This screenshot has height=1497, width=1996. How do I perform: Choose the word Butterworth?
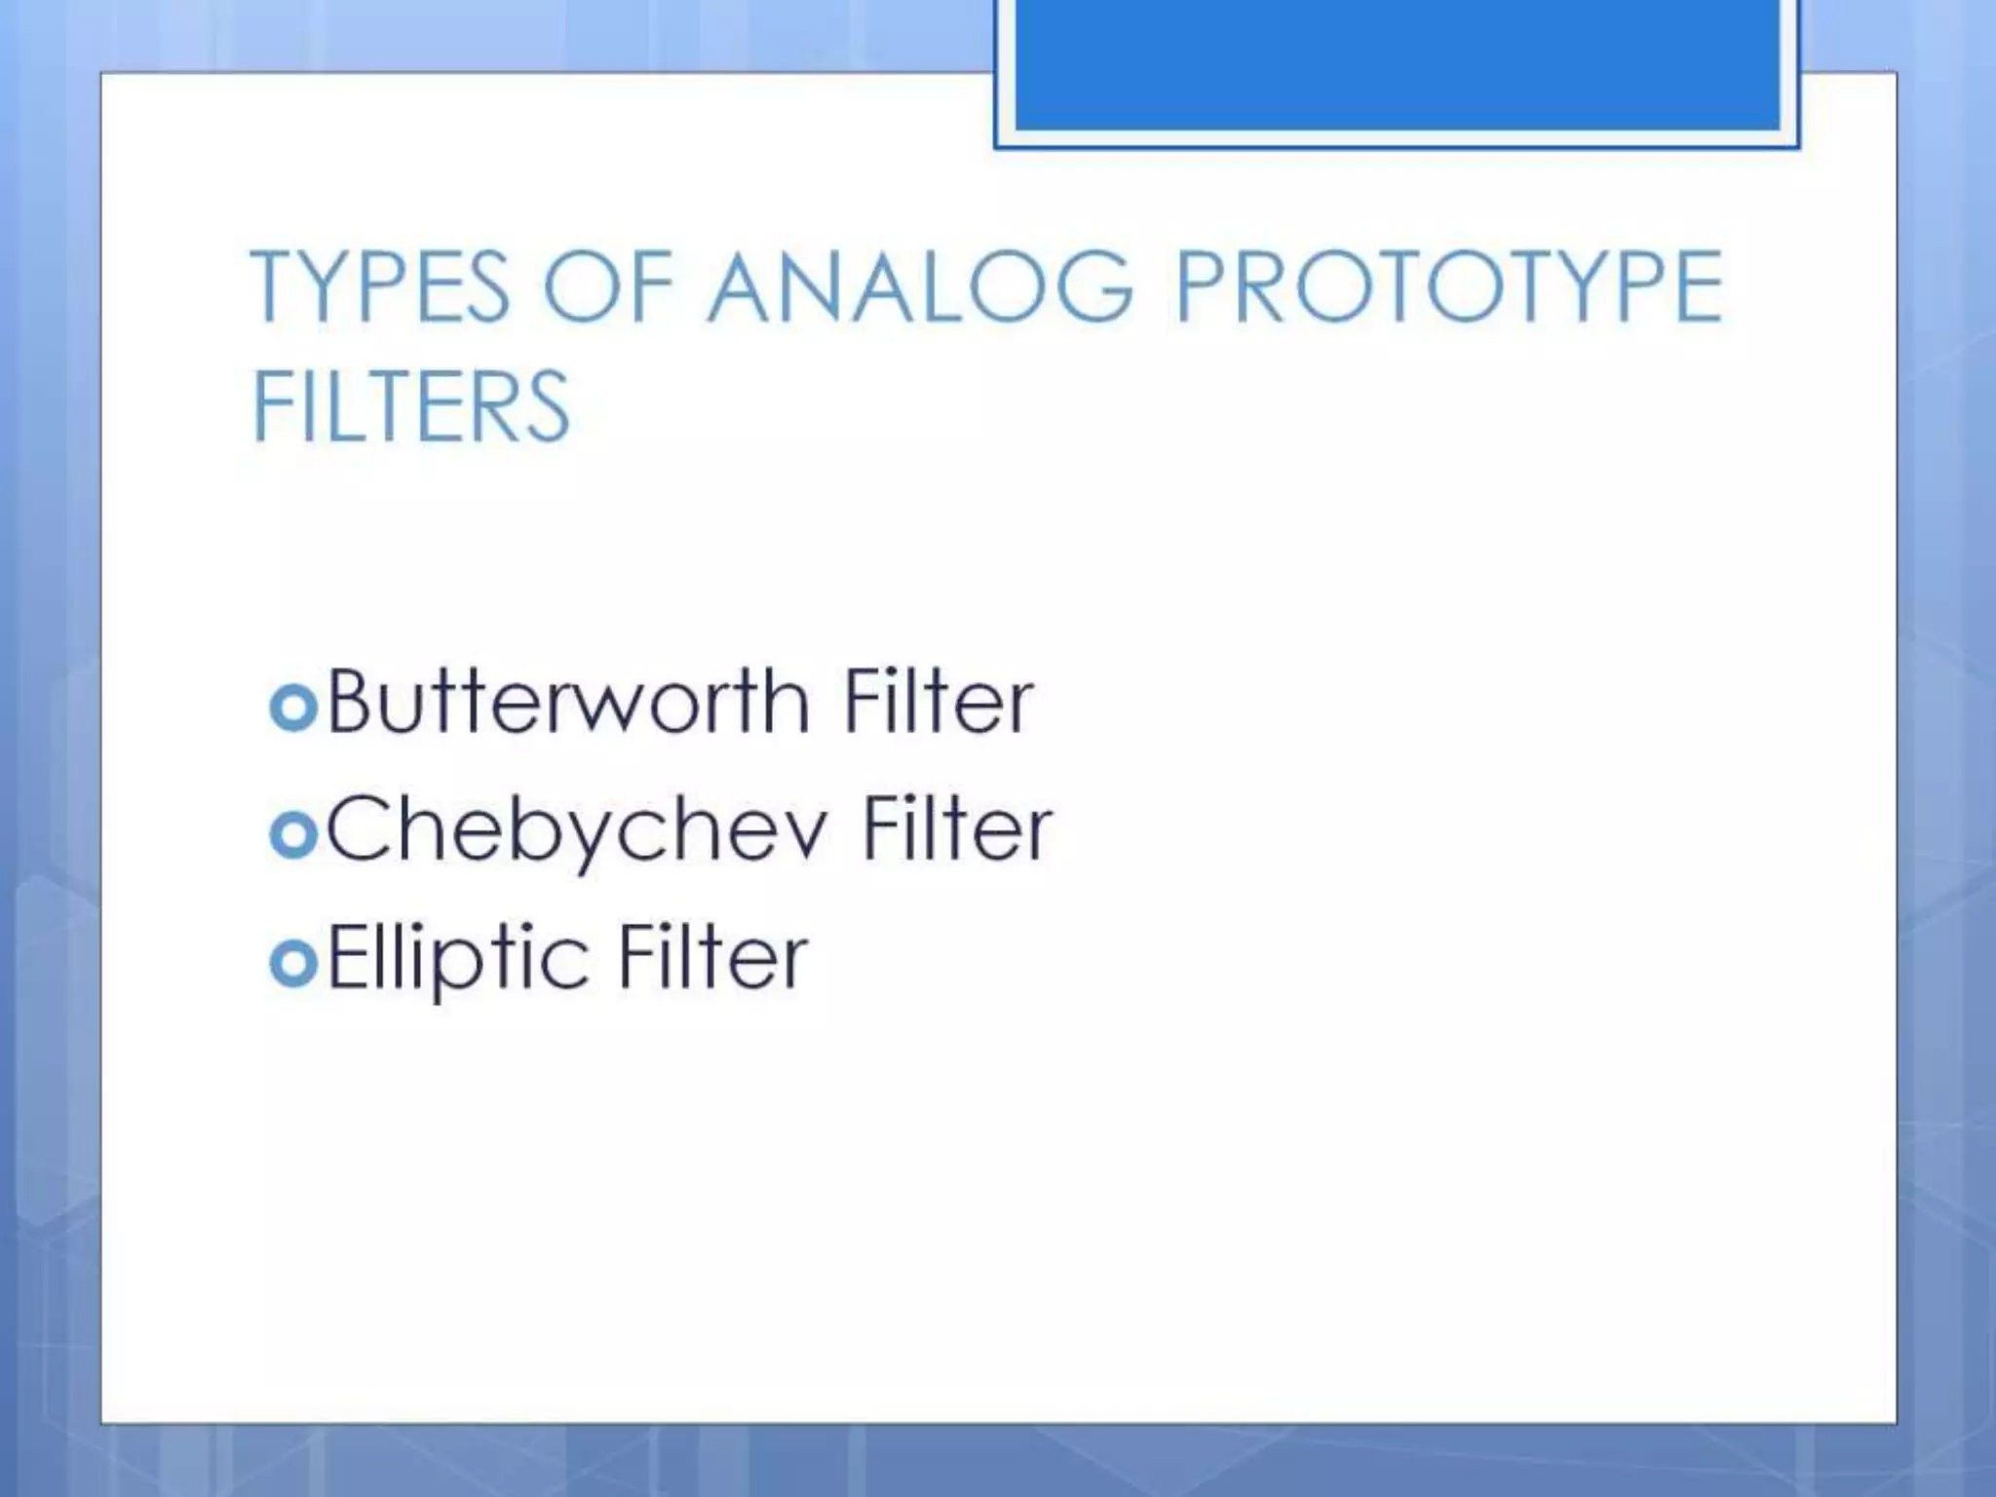568,701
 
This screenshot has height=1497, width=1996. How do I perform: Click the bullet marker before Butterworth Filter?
293,707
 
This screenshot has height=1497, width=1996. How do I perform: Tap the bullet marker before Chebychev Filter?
293,835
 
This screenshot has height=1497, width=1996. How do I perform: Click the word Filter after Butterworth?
938,701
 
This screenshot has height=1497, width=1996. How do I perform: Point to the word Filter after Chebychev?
957,828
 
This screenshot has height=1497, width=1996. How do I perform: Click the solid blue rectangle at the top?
1397,64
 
